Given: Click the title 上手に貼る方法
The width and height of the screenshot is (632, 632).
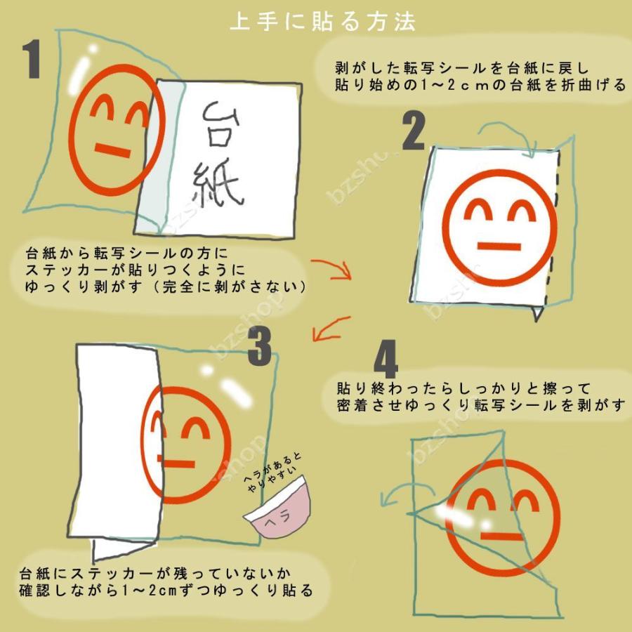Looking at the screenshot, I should [x=323, y=22].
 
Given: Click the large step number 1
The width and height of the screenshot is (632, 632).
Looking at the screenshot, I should [x=33, y=59].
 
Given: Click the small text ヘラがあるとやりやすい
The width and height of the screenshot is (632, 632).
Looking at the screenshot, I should [x=273, y=470].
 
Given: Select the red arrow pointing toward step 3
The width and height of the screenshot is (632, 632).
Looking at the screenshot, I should [x=330, y=329].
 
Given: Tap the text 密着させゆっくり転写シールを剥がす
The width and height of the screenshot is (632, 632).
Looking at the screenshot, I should [x=480, y=406].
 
